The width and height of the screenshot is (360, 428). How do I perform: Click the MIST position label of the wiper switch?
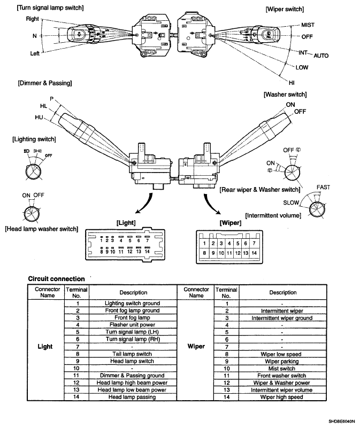pos(308,25)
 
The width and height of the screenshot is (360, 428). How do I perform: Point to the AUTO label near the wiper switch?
pos(321,56)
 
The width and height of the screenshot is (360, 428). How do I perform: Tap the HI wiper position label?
pos(292,83)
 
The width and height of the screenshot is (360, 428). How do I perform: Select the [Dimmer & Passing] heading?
pos(45,83)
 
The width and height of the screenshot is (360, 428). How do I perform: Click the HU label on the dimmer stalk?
pos(39,118)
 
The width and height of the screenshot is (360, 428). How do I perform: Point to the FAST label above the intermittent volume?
pos(324,187)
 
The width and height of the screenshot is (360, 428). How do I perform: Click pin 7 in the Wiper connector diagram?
pos(254,243)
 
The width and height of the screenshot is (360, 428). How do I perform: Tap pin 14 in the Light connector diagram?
pos(147,251)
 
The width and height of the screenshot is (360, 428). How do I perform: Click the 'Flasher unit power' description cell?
pos(132,325)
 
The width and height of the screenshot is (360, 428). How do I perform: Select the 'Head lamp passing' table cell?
pos(132,397)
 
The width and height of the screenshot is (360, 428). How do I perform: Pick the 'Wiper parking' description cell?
pos(282,361)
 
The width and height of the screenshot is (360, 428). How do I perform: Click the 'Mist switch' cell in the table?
pos(282,369)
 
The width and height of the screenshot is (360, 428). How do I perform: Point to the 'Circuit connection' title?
pos(57,279)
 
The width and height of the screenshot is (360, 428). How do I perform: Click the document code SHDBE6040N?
pos(342,422)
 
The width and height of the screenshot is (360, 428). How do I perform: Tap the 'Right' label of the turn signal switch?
pos(32,19)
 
